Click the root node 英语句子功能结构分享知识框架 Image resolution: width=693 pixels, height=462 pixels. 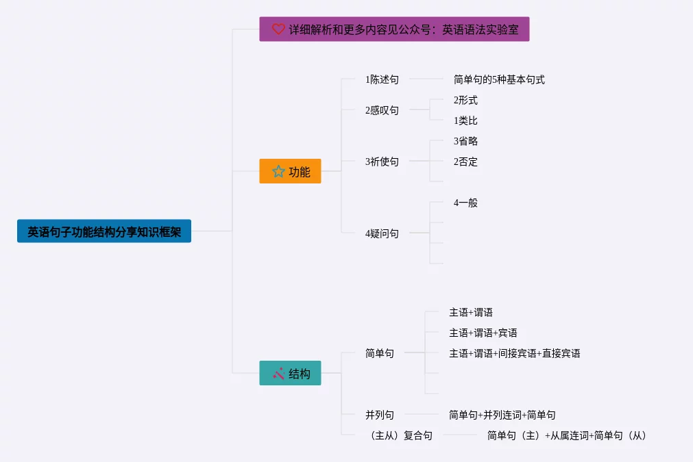pos(104,231)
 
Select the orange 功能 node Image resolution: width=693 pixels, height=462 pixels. pos(290,171)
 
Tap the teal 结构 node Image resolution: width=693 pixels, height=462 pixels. pos(290,373)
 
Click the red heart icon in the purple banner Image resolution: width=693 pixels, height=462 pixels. pos(278,29)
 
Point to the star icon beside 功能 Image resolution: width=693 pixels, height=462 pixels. pos(278,171)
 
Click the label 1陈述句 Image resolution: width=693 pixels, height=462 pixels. pos(382,79)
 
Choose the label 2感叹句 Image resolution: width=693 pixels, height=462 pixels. pos(382,110)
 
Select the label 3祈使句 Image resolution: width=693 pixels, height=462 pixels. pos(382,162)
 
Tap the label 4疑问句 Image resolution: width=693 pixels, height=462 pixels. pos(382,233)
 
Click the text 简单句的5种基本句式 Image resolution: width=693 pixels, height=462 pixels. pos(499,79)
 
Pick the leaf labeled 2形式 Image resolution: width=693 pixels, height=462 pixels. pos(465,100)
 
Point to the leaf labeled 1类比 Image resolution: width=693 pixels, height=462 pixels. pos(465,120)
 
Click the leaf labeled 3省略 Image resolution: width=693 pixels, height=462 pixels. pos(465,141)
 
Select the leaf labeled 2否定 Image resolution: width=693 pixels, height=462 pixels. pos(465,162)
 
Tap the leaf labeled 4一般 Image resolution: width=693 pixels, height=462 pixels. pos(465,203)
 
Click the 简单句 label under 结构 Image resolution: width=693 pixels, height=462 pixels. pos(380,353)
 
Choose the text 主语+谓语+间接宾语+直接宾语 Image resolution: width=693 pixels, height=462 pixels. pos(515,353)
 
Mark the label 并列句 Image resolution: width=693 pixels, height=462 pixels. pos(380,415)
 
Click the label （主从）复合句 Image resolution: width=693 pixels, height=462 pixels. pos(401,435)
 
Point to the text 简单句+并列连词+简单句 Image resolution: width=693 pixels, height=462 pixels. pos(502,415)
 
